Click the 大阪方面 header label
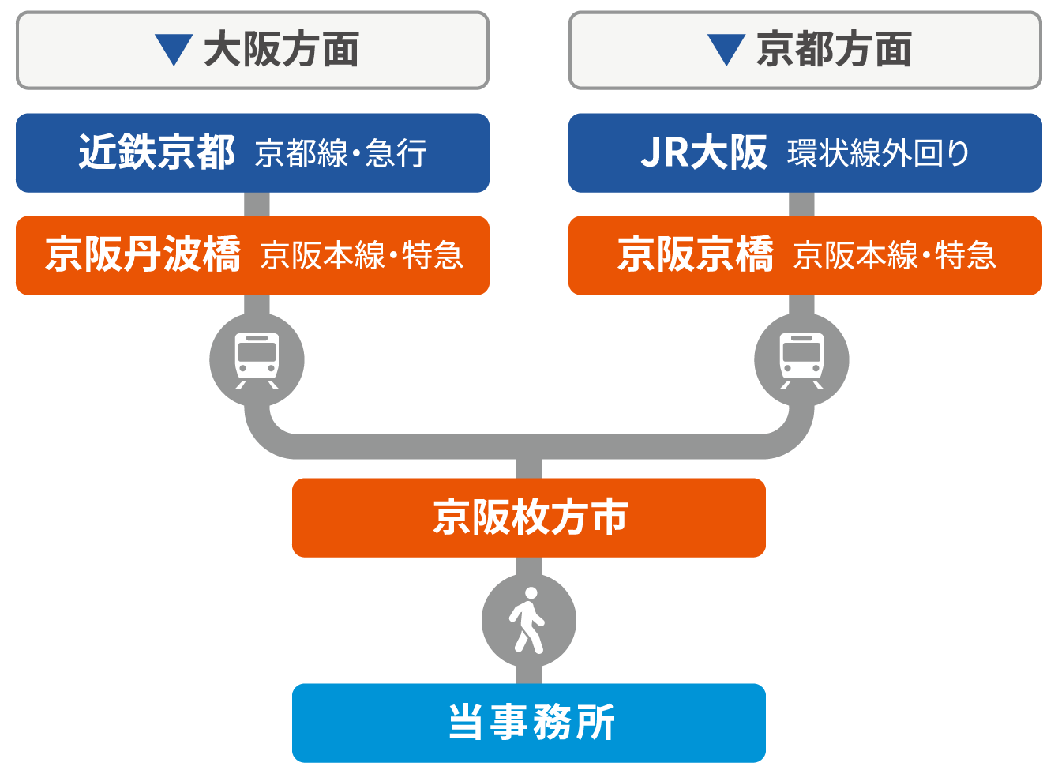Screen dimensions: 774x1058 pyautogui.click(x=281, y=50)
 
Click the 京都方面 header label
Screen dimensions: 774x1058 pyautogui.click(x=834, y=50)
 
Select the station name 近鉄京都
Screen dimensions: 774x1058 pyautogui.click(x=156, y=152)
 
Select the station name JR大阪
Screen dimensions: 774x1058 pyautogui.click(x=703, y=152)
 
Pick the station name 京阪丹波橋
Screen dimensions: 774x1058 pyautogui.click(x=142, y=255)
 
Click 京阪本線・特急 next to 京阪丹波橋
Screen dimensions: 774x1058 pyautogui.click(x=362, y=256)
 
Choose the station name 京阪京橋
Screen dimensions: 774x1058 pyautogui.click(x=695, y=255)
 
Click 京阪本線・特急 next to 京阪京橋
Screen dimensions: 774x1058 pyautogui.click(x=895, y=256)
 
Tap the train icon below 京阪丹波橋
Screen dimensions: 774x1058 pyautogui.click(x=257, y=360)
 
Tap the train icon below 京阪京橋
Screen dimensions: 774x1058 pyautogui.click(x=801, y=360)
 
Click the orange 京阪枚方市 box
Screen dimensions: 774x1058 pyautogui.click(x=529, y=517)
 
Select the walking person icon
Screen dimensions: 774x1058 pyautogui.click(x=528, y=621)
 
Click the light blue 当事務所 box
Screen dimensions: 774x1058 pyautogui.click(x=529, y=723)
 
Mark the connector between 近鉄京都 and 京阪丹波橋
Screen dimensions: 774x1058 pyautogui.click(x=257, y=204)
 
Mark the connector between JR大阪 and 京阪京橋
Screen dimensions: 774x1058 pyautogui.click(x=801, y=204)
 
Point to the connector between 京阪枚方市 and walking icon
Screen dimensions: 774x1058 pyautogui.click(x=529, y=565)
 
